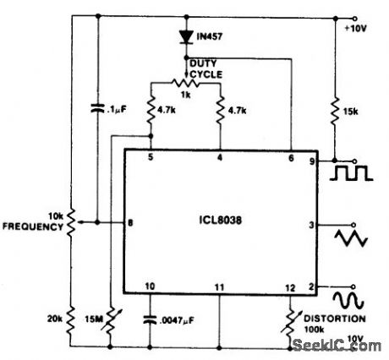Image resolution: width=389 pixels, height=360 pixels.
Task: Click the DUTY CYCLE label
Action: click(205, 68)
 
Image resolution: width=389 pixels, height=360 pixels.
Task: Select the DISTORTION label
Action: click(338, 319)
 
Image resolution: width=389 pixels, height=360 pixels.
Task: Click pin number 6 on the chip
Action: click(292, 157)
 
